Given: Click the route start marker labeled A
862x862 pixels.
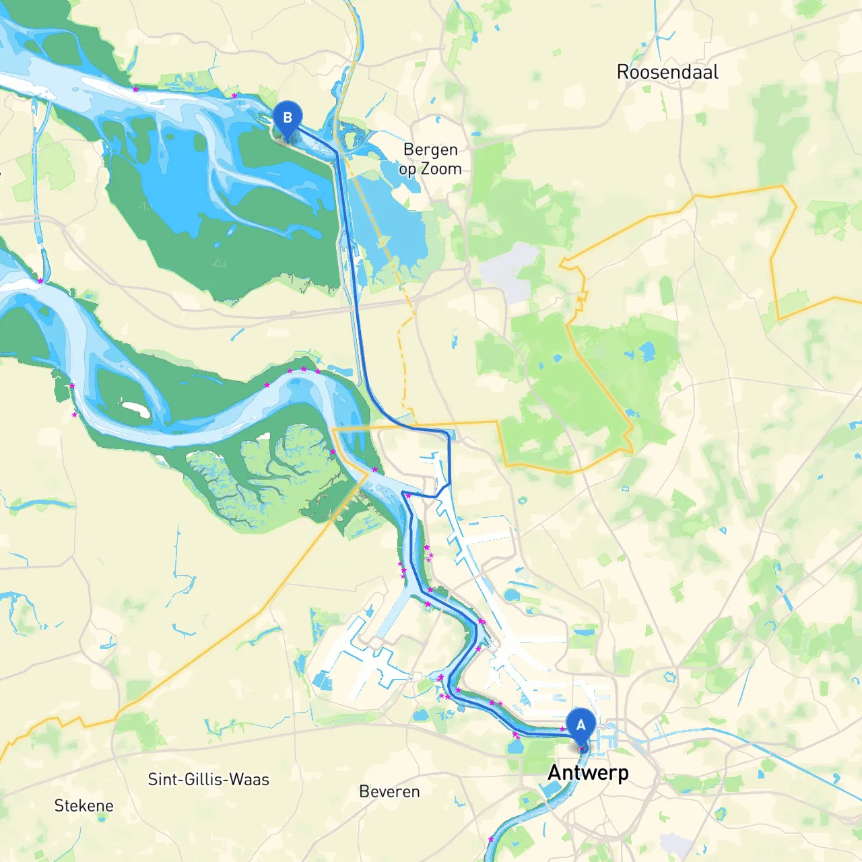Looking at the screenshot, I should [581, 726].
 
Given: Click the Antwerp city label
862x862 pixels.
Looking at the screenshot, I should [588, 772].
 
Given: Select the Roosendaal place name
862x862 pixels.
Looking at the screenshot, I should [667, 72].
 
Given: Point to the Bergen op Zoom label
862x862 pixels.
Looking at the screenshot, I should [430, 159].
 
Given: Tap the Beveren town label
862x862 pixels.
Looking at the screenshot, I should [389, 791].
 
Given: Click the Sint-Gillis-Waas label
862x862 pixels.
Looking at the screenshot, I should [209, 779].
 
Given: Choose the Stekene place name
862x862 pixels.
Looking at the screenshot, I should [84, 805].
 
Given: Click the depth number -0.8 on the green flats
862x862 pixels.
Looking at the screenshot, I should [220, 263].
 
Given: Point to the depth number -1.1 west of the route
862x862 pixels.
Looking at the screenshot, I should [145, 206].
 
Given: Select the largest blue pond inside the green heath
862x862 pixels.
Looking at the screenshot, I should [646, 351].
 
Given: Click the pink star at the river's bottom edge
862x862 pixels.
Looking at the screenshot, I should [490, 839].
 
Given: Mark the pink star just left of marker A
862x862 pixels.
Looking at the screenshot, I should [562, 729].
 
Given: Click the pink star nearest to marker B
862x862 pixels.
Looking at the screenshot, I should [234, 96].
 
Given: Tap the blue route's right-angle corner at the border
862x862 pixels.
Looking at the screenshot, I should [449, 433].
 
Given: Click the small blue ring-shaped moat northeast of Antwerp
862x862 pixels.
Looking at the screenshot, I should [669, 676].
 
